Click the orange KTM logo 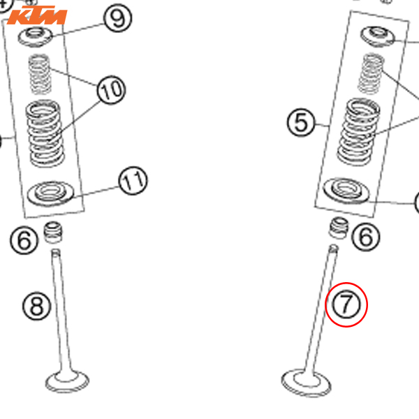tap(37, 15)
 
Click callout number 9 tap(117, 18)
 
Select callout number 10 tap(111, 90)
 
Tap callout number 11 tap(133, 181)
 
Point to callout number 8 tap(36, 306)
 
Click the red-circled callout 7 tap(346, 304)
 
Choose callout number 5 tap(301, 122)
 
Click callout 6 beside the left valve tap(24, 240)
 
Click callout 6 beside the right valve tap(365, 237)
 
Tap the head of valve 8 tap(67, 381)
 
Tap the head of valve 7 tap(307, 383)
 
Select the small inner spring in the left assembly tap(40, 74)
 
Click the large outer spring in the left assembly tap(45, 133)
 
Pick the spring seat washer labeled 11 tap(50, 193)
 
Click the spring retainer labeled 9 tap(35, 36)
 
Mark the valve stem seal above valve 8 tap(53, 233)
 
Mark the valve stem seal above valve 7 tap(339, 228)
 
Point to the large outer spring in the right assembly tap(359, 131)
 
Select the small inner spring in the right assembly tap(370, 74)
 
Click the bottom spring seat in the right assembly tap(346, 191)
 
